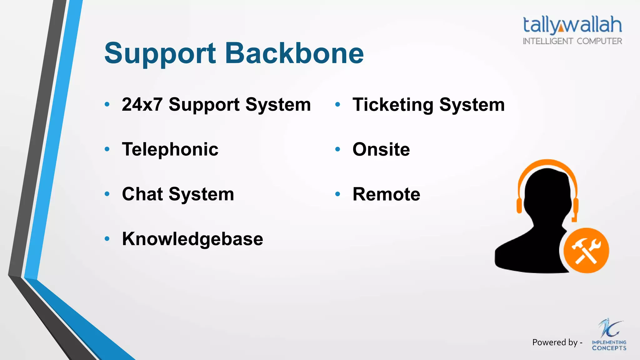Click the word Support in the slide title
pos(160,53)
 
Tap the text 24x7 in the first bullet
pos(142,104)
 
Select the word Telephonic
pos(170,149)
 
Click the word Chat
pos(142,194)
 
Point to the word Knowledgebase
pos(192,239)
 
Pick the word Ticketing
pos(392,105)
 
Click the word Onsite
pos(381,149)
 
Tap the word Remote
pos(386,194)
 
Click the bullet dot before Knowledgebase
pos(107,239)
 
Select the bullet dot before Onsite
pos(337,149)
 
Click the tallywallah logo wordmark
pos(572,25)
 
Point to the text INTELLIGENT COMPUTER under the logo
pos(572,41)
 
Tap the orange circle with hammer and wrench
pos(586,250)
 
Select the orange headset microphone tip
pos(574,220)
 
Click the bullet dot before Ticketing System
pos(337,105)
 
